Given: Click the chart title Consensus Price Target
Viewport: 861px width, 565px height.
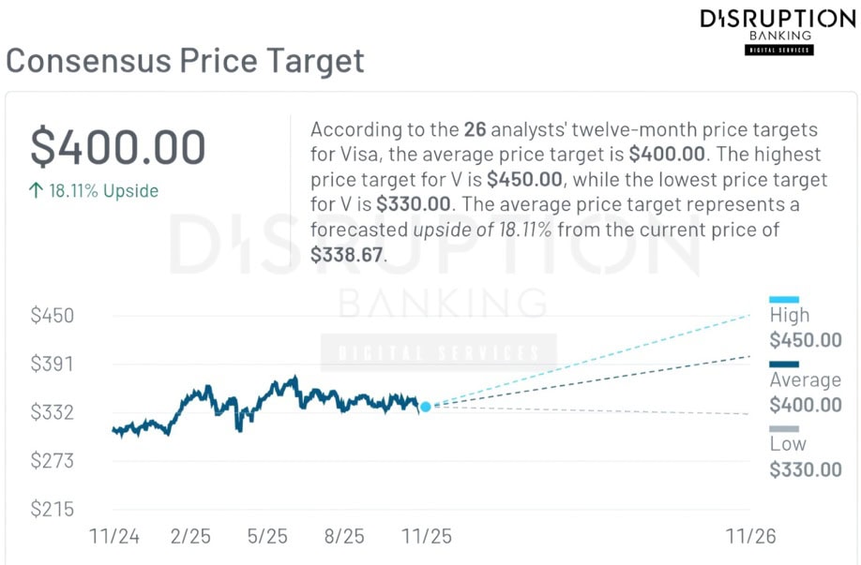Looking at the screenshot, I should pyautogui.click(x=185, y=62).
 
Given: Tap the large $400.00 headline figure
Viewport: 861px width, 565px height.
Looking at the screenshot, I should pyautogui.click(x=118, y=147).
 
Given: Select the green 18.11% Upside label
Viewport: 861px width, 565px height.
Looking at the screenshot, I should pyautogui.click(x=94, y=191).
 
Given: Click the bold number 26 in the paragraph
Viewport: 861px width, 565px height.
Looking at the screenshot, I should pyautogui.click(x=475, y=129).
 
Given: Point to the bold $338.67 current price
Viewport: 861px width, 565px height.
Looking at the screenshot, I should pyautogui.click(x=348, y=254).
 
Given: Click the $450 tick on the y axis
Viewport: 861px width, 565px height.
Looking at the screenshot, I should pyautogui.click(x=53, y=315).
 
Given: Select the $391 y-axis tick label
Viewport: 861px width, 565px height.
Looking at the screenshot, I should pyautogui.click(x=53, y=364).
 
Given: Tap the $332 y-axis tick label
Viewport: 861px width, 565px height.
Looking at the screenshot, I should pyautogui.click(x=53, y=412).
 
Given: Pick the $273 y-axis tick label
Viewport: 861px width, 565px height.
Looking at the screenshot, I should pyautogui.click(x=53, y=461).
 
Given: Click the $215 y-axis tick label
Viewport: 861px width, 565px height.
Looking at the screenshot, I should pyautogui.click(x=53, y=510).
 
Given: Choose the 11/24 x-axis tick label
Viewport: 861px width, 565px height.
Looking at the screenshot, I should pyautogui.click(x=113, y=537).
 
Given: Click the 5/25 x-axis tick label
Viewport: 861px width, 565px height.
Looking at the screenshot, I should pyautogui.click(x=267, y=537).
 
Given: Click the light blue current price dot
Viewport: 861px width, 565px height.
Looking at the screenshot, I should pyautogui.click(x=426, y=407).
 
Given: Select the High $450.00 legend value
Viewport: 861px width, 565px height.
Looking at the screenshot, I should pyautogui.click(x=806, y=340).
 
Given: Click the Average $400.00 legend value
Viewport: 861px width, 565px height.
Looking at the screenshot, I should pyautogui.click(x=806, y=405).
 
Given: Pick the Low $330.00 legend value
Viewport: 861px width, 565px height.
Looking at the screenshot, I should pyautogui.click(x=806, y=469).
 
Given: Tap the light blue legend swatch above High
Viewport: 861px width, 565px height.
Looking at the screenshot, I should pyautogui.click(x=784, y=300).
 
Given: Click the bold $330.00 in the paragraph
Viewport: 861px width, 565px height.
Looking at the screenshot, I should pyautogui.click(x=415, y=203).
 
